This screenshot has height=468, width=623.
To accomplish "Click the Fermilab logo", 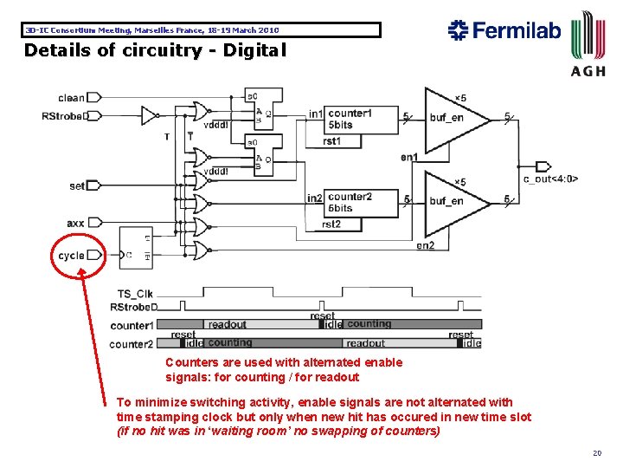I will [x=504, y=31].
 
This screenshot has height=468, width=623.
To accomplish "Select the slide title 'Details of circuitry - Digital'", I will [x=154, y=50].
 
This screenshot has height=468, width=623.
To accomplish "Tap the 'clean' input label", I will [x=72, y=98].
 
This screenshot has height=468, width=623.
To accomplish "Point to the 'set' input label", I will [x=77, y=185].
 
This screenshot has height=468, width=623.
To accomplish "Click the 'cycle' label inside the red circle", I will [x=71, y=256].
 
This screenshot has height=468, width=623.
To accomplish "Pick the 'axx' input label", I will [x=75, y=224].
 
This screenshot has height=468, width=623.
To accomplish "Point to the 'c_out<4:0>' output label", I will [x=550, y=179].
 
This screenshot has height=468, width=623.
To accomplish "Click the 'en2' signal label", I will [x=425, y=245].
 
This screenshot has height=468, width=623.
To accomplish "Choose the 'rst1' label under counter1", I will [x=331, y=141].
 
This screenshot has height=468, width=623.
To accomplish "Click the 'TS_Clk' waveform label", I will [x=135, y=293].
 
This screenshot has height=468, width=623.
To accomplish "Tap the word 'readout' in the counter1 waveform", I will [x=228, y=325].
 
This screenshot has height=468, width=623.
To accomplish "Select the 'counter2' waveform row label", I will [x=131, y=344].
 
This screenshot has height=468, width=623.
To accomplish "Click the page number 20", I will [x=597, y=452].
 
